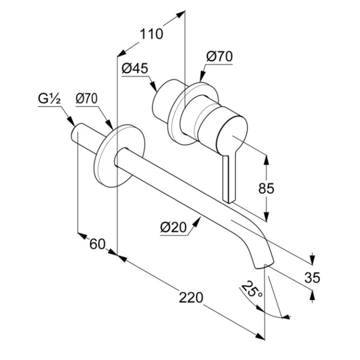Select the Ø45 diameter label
(x=134, y=69)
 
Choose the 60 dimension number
(x=98, y=244)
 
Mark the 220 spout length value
(x=191, y=297)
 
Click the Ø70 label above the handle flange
(x=219, y=57)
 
